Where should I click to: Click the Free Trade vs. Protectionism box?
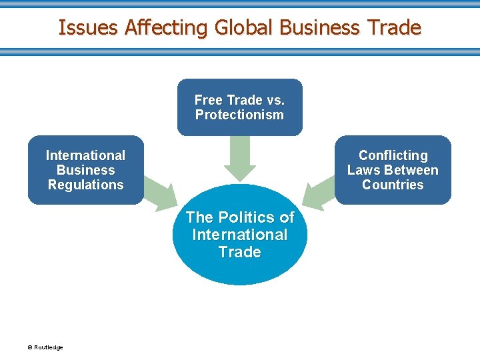tap(239, 107)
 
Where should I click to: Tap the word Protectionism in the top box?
tap(239, 115)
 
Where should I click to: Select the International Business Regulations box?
tap(85, 170)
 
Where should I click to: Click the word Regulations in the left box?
tap(85, 185)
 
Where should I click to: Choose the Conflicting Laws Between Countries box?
tap(393, 170)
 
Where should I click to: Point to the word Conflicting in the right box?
tap(393, 155)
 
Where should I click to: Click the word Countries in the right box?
tap(393, 185)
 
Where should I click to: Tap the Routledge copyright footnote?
tap(45, 347)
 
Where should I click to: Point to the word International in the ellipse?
tap(239, 235)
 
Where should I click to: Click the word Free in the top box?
tap(209, 100)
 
